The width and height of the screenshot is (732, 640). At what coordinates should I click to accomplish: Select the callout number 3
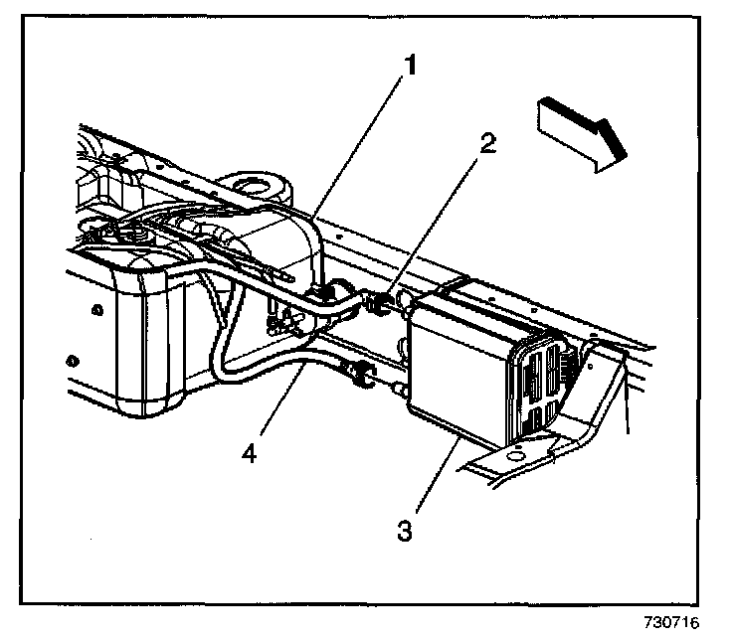click(404, 529)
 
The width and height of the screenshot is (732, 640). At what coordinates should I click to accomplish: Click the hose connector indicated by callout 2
click(381, 299)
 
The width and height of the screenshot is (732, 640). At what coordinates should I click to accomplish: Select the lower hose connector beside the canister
click(363, 375)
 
